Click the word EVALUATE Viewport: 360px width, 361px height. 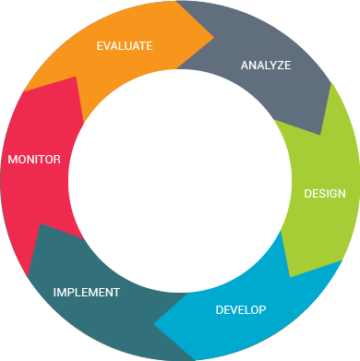click(x=125, y=44)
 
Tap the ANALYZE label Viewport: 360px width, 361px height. click(x=265, y=66)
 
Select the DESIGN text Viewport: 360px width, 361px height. click(x=325, y=194)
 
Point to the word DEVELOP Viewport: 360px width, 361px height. click(x=240, y=309)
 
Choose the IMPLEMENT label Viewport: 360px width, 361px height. click(x=86, y=293)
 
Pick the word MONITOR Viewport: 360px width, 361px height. click(x=34, y=160)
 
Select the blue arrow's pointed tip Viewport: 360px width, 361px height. click(x=154, y=324)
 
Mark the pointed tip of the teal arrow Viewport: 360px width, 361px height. click(x=28, y=275)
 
